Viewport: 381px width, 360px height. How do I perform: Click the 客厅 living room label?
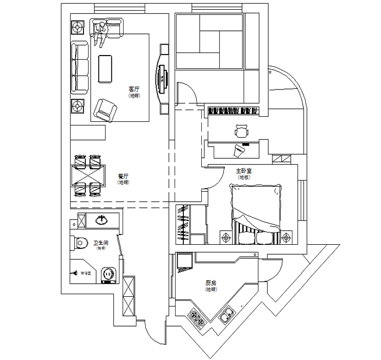point(134,89)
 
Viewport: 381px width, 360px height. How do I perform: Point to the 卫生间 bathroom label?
point(100,242)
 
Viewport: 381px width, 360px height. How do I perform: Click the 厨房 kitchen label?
point(210,283)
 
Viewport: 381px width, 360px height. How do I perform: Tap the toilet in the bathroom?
point(81,242)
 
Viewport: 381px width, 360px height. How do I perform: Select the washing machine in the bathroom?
point(109,274)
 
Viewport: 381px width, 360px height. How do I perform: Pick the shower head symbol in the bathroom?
point(75,273)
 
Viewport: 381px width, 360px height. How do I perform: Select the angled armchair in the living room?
point(105,109)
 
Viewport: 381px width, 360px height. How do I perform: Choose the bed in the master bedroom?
point(256,211)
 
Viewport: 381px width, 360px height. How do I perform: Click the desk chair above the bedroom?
point(241,132)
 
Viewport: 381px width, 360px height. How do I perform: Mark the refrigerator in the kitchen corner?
point(184,261)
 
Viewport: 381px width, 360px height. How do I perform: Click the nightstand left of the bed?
point(226,237)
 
